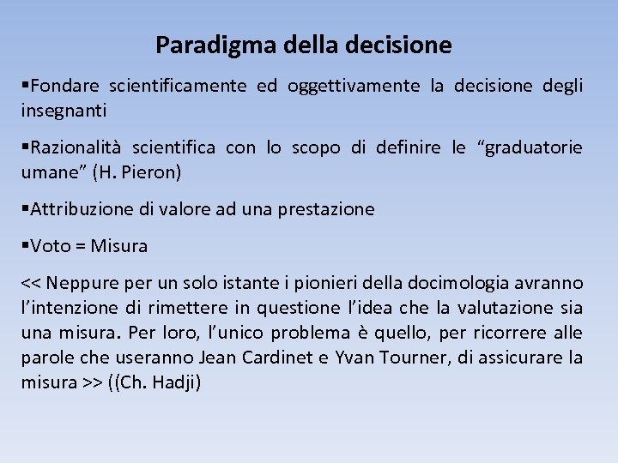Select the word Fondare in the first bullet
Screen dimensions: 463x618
64,86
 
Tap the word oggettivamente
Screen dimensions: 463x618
354,86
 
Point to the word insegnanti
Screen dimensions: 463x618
64,111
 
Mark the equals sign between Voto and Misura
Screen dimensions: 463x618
80,247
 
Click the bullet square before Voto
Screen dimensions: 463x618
25,246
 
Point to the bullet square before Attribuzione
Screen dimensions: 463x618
25,208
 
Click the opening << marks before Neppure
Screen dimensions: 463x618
32,284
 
